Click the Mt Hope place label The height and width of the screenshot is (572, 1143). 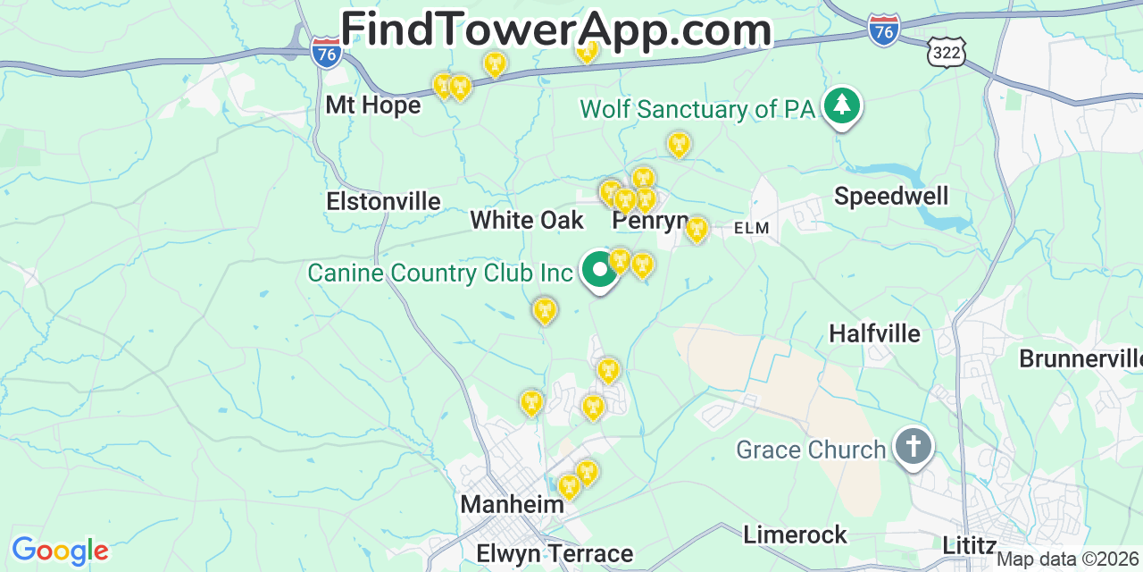[372, 105]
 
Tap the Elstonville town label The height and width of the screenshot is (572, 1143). [383, 202]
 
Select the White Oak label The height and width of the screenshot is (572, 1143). [527, 221]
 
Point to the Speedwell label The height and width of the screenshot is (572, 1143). [891, 197]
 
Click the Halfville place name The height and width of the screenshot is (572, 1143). [874, 334]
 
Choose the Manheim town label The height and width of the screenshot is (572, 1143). [512, 505]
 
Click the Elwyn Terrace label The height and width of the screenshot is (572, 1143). [555, 553]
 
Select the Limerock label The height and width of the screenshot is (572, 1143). [795, 535]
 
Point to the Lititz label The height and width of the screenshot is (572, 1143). [970, 545]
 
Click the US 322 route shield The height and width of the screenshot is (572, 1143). [946, 53]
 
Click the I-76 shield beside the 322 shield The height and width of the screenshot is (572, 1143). [883, 31]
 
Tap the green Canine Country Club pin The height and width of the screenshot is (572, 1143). [599, 270]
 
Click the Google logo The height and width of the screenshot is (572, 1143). [59, 551]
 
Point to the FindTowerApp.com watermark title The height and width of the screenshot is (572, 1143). [555, 29]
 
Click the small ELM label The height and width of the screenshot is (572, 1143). [751, 229]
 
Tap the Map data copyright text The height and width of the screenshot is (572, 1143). [1068, 559]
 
